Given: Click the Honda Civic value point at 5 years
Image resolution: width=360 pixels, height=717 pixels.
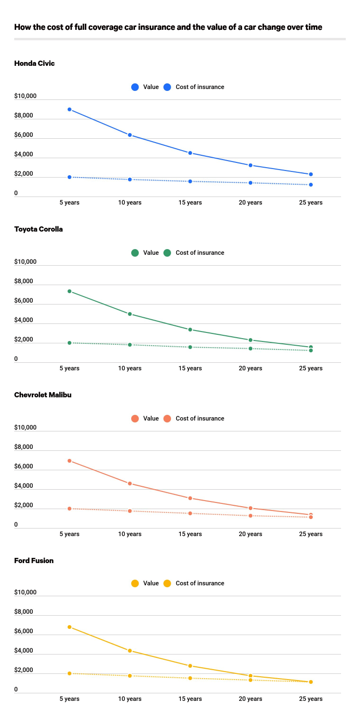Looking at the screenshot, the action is (x=70, y=109).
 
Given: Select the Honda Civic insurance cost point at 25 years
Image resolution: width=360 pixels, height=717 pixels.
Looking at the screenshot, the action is (x=311, y=185).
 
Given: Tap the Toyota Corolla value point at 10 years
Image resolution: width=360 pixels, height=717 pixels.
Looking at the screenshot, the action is (x=130, y=314).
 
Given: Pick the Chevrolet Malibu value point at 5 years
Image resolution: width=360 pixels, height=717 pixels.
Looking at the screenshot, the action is (x=70, y=461).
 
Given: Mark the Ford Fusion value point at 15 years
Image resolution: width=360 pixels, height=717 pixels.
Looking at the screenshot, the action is (x=190, y=666).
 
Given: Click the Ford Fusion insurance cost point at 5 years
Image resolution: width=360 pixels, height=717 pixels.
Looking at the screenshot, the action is (x=70, y=673).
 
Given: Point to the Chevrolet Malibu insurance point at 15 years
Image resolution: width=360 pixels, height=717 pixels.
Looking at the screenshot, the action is (x=190, y=513).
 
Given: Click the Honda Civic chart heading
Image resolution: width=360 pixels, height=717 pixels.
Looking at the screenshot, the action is (x=34, y=63).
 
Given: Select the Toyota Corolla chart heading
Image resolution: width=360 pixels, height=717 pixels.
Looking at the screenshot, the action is (x=38, y=229).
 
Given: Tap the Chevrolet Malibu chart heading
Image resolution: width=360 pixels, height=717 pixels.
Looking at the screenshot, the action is (x=43, y=395).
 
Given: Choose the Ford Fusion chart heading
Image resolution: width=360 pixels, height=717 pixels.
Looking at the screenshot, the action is (x=34, y=561).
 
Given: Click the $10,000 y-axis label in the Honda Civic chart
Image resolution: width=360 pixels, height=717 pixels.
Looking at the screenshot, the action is (x=25, y=96).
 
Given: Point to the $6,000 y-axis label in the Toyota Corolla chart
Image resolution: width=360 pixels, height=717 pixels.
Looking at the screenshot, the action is (x=23, y=301).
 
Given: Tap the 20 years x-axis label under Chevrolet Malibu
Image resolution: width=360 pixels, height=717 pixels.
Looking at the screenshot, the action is (x=251, y=534).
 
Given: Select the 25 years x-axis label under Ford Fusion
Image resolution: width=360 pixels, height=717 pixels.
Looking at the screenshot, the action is (x=311, y=699).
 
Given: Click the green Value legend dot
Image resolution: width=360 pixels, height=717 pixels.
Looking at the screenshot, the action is (x=135, y=253).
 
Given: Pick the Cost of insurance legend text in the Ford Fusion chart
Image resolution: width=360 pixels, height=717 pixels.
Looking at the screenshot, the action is (x=200, y=583).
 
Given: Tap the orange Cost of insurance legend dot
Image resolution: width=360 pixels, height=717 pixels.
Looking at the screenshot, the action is (x=167, y=419).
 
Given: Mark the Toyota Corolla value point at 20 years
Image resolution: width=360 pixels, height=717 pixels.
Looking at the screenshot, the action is (x=251, y=340).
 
